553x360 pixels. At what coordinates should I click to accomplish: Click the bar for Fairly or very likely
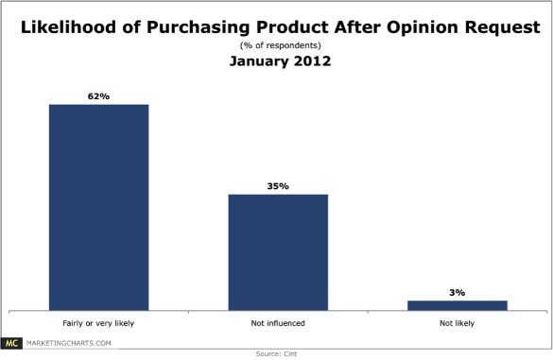98,206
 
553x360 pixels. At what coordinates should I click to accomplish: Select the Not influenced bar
278,251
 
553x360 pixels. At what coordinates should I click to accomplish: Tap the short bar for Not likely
458,304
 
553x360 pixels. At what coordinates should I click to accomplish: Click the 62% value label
98,95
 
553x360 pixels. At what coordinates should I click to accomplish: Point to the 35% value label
278,186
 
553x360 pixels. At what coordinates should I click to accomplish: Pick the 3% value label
458,292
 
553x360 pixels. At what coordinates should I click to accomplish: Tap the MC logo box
13,342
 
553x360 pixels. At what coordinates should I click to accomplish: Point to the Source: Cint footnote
276,354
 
